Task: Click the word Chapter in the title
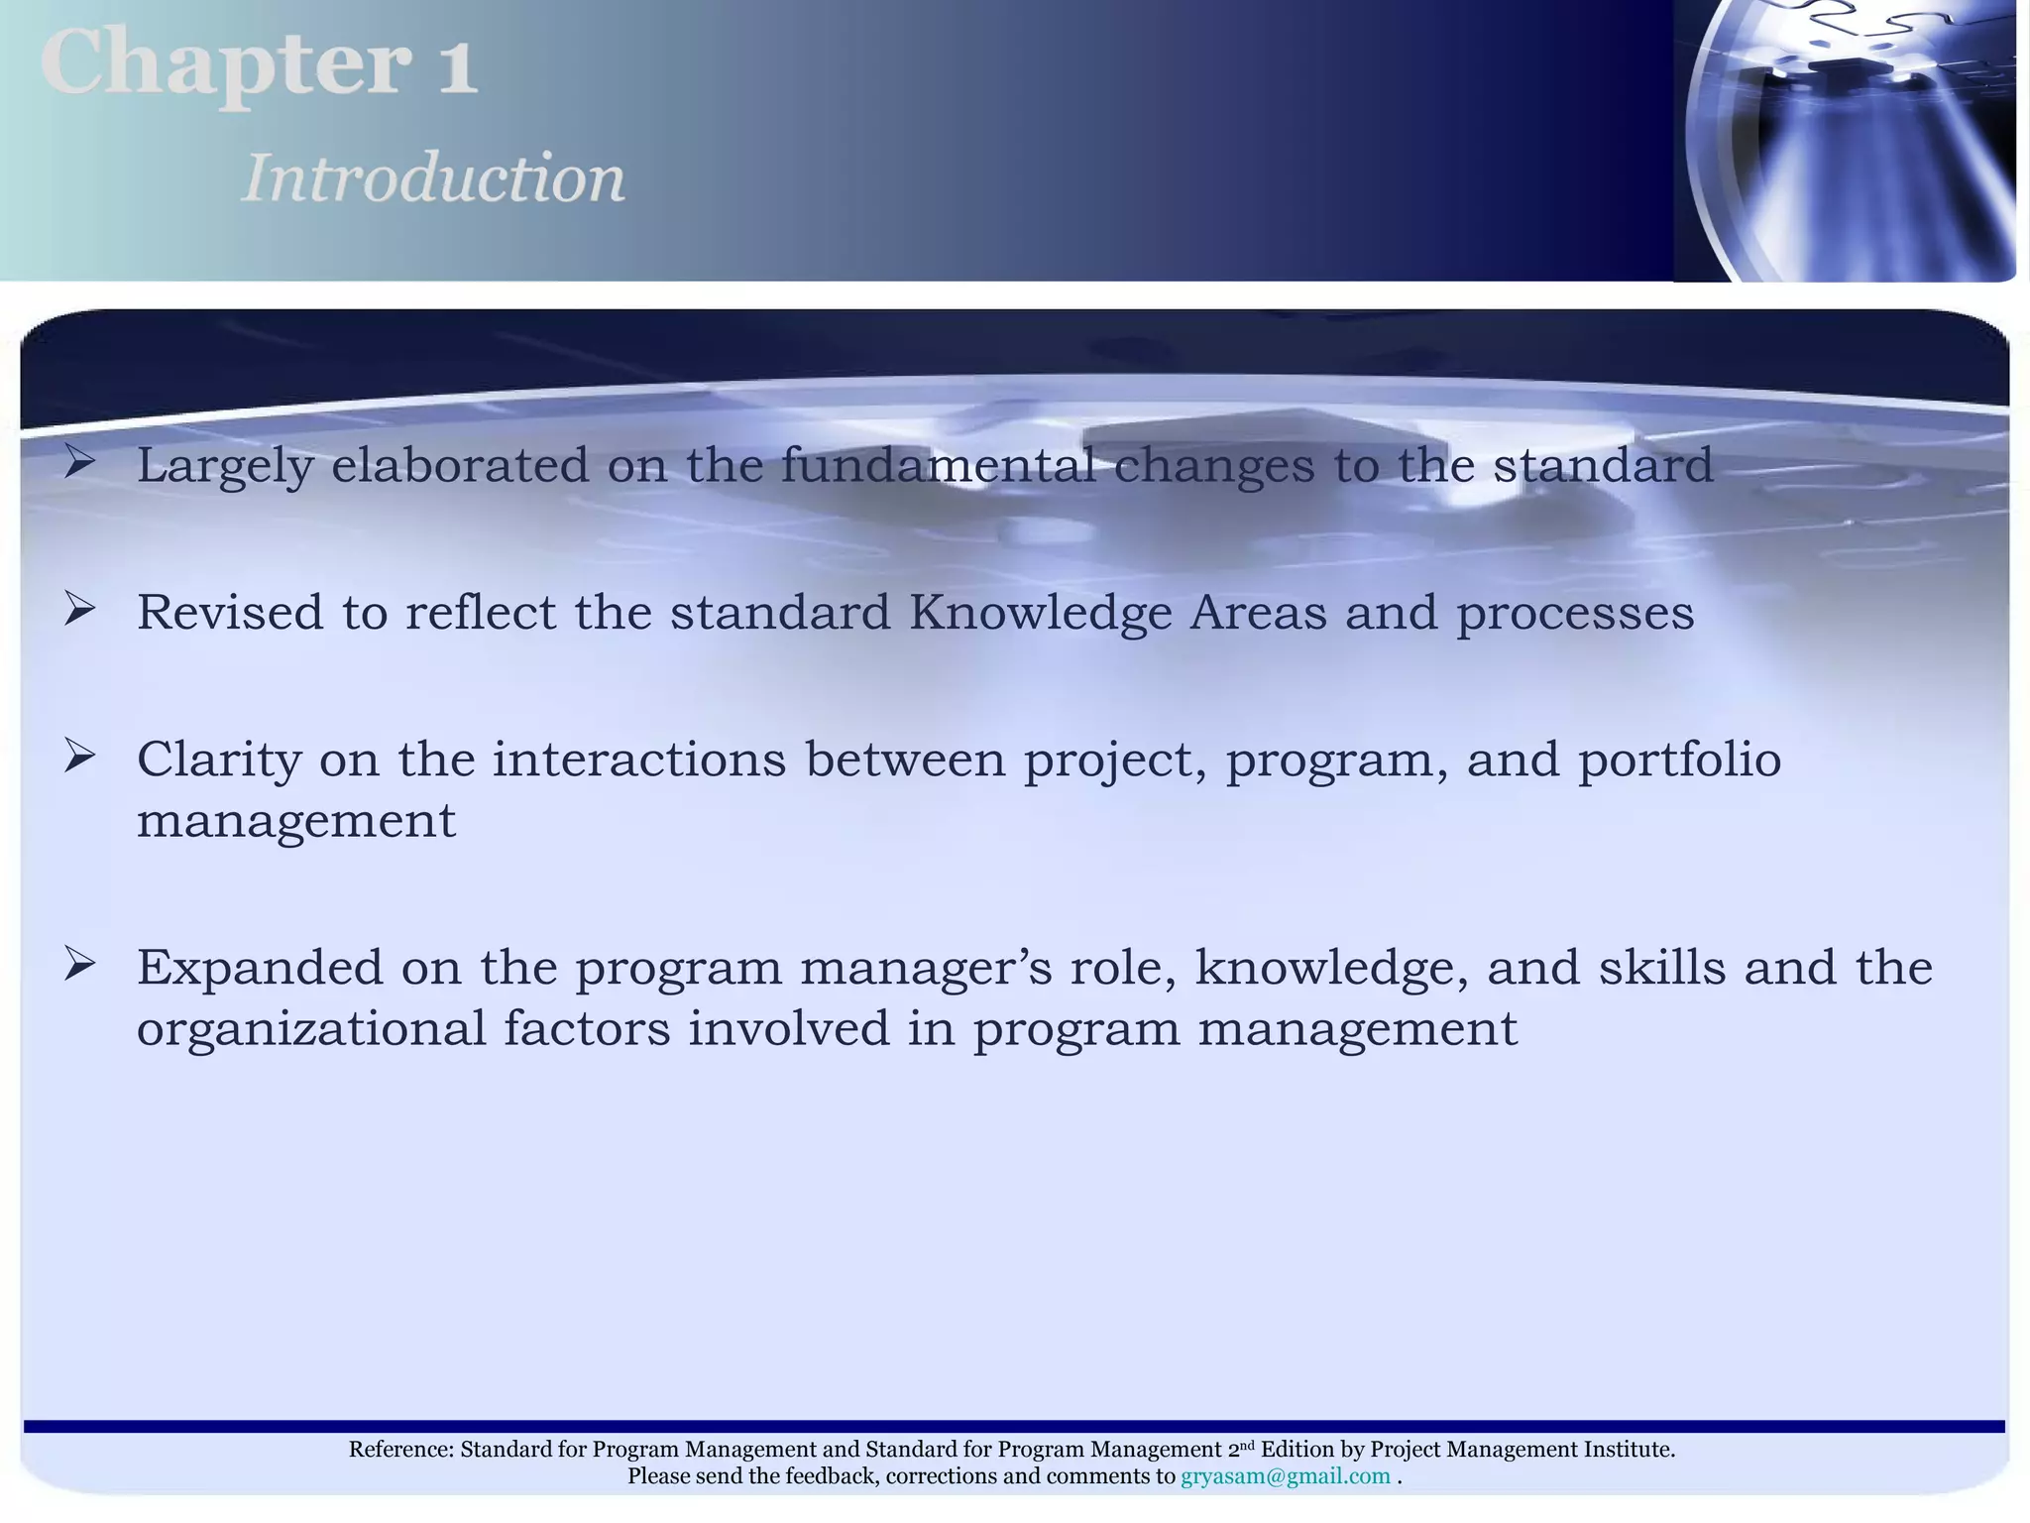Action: [226, 64]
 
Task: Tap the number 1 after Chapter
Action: [457, 67]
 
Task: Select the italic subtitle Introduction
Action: [433, 179]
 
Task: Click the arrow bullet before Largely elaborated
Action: [80, 462]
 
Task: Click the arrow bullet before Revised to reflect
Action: [80, 609]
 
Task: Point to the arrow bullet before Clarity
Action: [80, 757]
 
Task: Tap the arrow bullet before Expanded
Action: [80, 964]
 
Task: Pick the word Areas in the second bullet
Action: [1258, 613]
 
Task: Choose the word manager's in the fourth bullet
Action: [926, 969]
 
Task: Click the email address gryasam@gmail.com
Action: [1285, 1476]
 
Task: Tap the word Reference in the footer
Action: [400, 1450]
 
